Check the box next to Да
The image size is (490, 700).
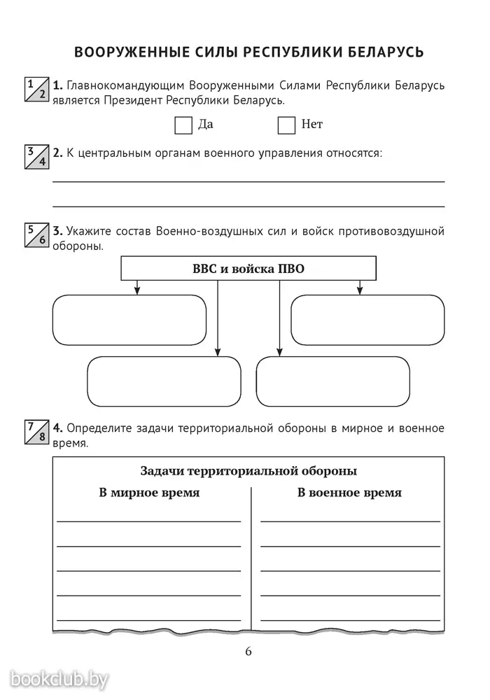click(183, 125)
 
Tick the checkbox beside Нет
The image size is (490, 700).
click(286, 125)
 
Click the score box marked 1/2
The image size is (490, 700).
click(36, 89)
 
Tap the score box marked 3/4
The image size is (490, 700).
click(36, 157)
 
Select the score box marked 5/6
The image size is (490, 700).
click(36, 234)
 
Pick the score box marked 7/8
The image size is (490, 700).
click(36, 432)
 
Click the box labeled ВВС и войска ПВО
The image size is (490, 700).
click(248, 268)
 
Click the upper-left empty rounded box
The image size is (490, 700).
click(129, 320)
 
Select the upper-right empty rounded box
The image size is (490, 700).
click(367, 320)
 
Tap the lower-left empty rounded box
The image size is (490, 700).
click(164, 381)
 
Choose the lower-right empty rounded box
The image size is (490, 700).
click(333, 381)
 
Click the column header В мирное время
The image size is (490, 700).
click(149, 493)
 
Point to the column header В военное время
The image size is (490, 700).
click(349, 493)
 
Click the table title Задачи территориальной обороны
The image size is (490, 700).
click(248, 471)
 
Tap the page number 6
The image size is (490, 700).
click(248, 651)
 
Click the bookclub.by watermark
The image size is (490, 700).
click(59, 680)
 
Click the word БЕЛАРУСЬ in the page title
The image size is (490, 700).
click(386, 52)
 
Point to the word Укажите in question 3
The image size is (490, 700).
click(88, 231)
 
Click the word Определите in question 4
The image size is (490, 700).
click(99, 428)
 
